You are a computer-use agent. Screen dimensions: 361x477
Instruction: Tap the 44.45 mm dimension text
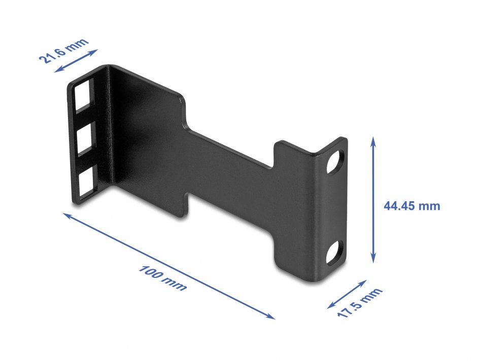(412, 206)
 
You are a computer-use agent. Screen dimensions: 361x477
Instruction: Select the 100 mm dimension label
(162, 278)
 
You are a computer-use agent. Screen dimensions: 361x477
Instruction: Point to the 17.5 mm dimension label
(359, 303)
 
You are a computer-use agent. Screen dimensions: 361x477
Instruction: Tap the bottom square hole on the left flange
(85, 181)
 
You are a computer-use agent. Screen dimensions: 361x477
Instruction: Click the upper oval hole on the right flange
(334, 162)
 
